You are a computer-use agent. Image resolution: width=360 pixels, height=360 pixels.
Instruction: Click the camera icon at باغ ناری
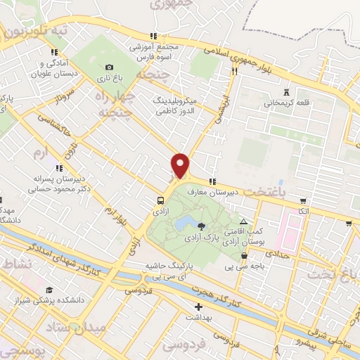click(108, 66)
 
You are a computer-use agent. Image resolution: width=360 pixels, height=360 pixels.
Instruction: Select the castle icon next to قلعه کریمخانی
click(285, 92)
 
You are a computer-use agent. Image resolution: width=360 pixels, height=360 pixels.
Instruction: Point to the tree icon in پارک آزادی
click(202, 226)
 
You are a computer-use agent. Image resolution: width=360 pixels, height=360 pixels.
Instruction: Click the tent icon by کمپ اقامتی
click(244, 222)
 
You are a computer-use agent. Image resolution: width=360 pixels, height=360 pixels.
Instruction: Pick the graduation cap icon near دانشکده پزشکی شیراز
click(49, 290)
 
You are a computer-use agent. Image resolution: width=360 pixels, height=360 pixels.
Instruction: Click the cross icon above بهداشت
click(199, 307)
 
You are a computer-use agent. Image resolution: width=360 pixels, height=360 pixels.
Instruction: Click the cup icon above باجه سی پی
click(244, 255)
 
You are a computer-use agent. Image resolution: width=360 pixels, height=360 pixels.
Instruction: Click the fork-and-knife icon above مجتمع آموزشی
click(152, 35)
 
